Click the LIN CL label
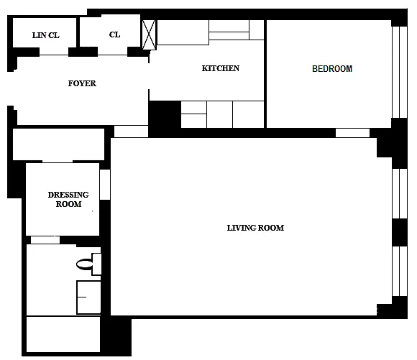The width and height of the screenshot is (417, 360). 46,35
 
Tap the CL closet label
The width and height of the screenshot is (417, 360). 114,34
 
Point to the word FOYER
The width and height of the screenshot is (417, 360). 82,83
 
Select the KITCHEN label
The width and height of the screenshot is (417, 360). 221,68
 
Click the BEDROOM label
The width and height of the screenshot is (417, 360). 332,69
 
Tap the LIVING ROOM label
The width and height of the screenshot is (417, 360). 255,228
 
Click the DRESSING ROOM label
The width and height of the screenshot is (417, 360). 68,200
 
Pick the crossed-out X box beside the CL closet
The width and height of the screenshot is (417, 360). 149,34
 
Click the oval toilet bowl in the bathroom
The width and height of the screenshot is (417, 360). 85,264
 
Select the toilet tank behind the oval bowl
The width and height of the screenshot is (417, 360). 96,264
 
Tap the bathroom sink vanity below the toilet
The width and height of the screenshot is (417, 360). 88,297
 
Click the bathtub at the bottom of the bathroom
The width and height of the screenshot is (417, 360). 63,334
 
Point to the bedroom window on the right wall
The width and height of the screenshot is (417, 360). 400,72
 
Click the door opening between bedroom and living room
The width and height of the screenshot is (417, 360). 352,133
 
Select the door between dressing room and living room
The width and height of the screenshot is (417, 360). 105,185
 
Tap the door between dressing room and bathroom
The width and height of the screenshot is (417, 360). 45,240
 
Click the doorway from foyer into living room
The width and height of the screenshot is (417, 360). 131,131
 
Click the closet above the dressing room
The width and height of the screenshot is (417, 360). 58,144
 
